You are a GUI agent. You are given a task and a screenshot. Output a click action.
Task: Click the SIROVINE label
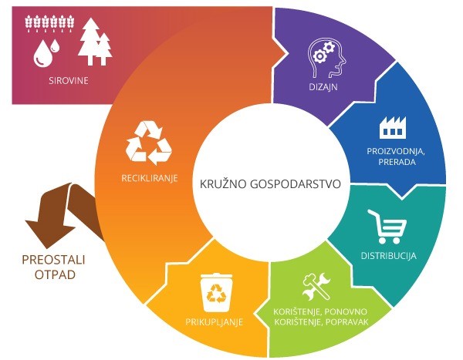pos(69,81)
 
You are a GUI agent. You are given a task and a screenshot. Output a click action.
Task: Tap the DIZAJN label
pos(323,87)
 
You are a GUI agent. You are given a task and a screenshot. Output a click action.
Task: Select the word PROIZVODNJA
pos(396,151)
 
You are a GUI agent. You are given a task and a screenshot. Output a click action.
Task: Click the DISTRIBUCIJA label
pos(389,255)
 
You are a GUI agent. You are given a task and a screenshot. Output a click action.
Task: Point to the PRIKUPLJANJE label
pos(214,321)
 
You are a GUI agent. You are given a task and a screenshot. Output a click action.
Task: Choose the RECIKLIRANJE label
pos(150,178)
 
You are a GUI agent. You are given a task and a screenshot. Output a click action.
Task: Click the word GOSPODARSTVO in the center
pos(296,183)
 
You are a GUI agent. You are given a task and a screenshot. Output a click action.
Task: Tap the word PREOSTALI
pos(53,260)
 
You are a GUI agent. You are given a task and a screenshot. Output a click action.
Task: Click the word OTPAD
pos(55,274)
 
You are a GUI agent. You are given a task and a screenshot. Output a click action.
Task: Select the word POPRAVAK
pos(347,321)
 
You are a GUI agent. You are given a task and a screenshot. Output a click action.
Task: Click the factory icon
pos(393,127)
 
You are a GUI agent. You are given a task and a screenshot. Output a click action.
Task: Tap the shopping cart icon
pos(387,227)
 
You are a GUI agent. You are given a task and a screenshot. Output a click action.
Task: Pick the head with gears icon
pos(326,58)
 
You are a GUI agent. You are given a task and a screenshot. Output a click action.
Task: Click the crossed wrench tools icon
pos(316,286)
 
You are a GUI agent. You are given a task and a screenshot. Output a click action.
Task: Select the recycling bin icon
pos(216,292)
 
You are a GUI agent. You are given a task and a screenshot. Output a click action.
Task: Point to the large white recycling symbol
pos(148,143)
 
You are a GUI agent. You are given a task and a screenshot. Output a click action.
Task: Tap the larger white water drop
pos(42,53)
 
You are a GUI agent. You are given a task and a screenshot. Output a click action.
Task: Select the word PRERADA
pos(397,162)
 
